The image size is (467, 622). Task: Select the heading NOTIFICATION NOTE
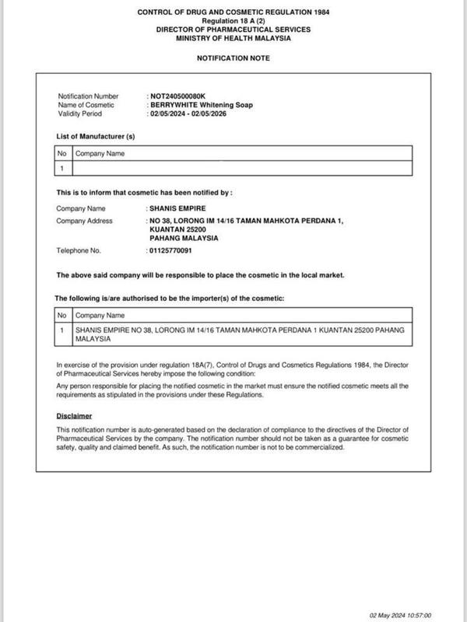point(233,58)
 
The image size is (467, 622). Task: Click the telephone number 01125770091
point(171,251)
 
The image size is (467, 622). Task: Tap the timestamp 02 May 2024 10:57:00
point(402,613)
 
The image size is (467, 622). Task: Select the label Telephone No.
point(79,251)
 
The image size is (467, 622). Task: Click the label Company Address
point(83,221)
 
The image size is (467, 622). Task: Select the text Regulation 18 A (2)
point(233,21)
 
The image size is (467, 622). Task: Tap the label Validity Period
point(81,114)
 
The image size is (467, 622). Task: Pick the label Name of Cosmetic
point(86,105)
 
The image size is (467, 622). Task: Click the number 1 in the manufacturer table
point(61,168)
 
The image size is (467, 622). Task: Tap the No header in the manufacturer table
point(61,154)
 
